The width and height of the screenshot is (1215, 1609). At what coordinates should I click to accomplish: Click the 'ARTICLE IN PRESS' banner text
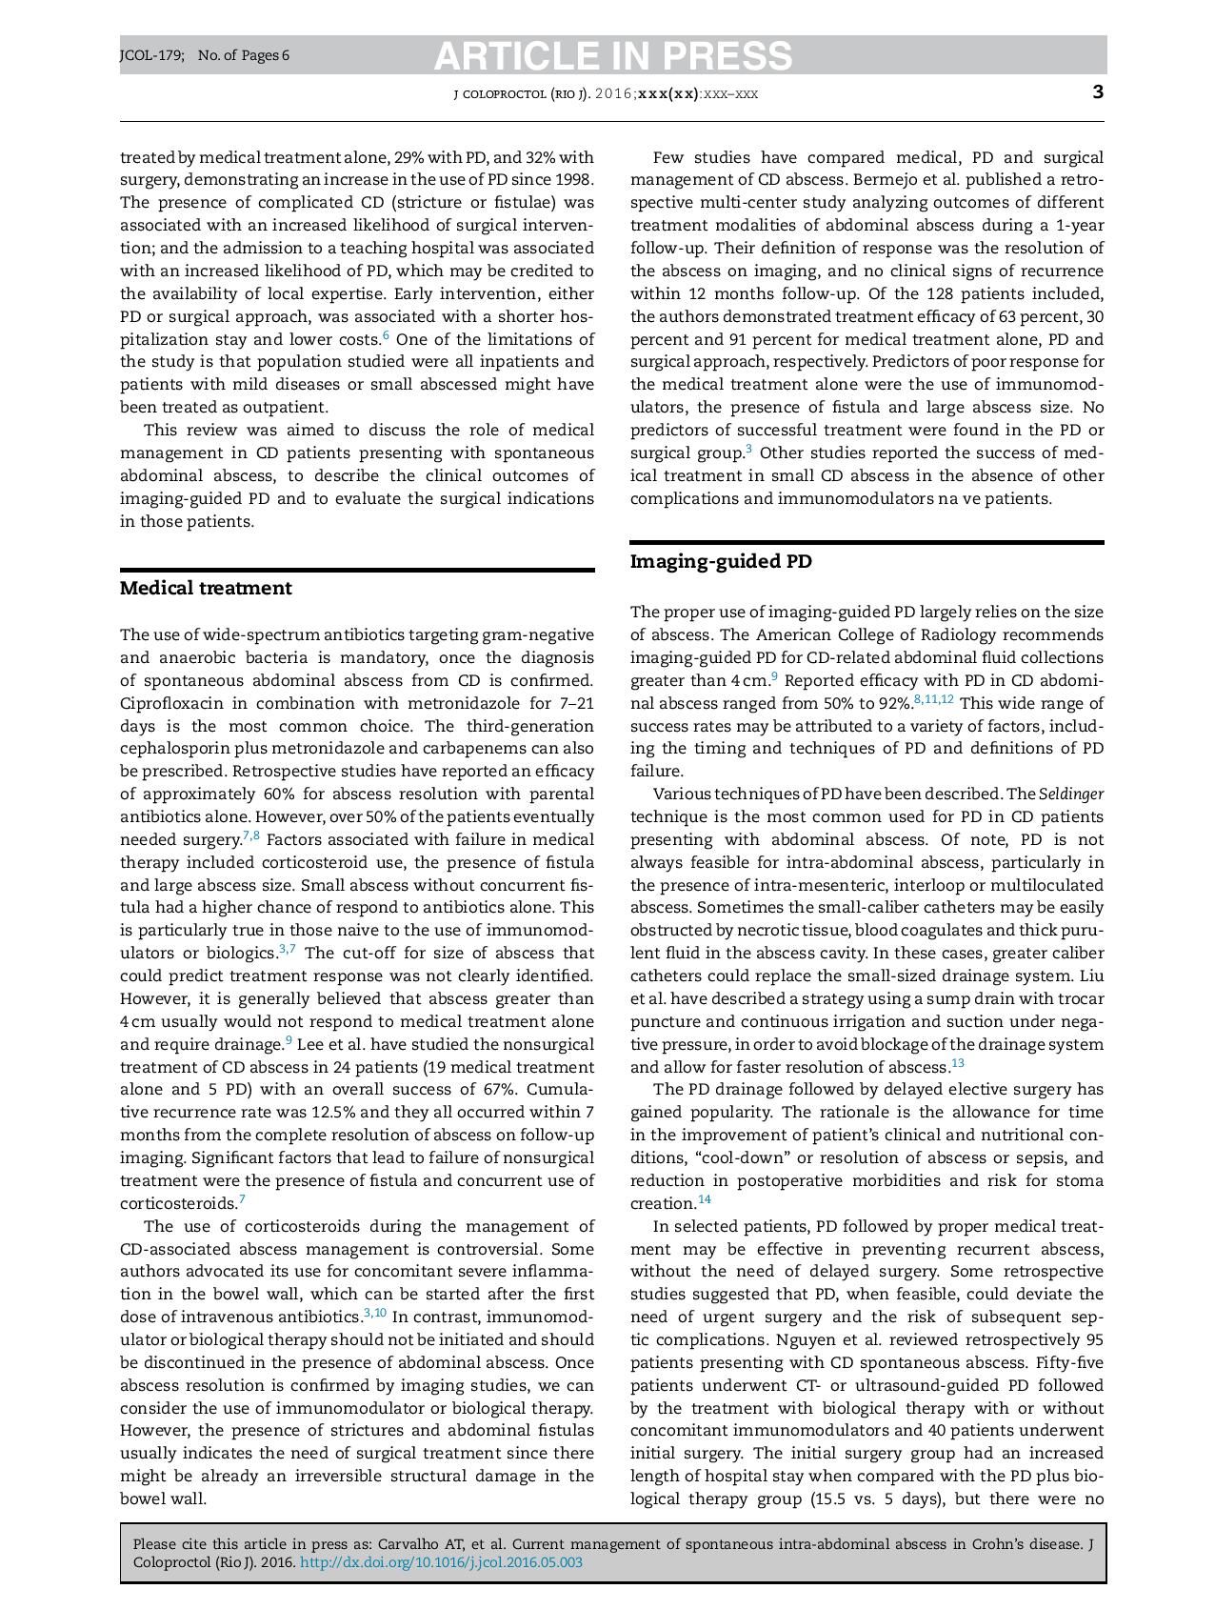point(612,56)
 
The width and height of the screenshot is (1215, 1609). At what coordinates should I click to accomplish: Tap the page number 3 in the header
point(1098,91)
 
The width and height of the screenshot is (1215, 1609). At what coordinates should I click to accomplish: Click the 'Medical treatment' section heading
point(206,588)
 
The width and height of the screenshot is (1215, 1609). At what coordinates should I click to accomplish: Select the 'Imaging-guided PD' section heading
point(721,561)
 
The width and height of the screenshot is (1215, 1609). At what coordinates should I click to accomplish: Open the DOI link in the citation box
point(441,1562)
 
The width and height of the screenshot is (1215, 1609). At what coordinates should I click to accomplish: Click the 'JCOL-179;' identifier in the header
point(152,55)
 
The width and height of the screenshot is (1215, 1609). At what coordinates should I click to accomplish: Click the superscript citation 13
point(957,1063)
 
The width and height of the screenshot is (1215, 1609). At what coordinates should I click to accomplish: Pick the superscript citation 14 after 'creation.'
point(704,1199)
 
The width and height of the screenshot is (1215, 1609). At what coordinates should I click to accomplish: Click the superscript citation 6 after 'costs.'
point(386,335)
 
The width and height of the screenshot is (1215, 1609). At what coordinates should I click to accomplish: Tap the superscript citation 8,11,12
point(933,700)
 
